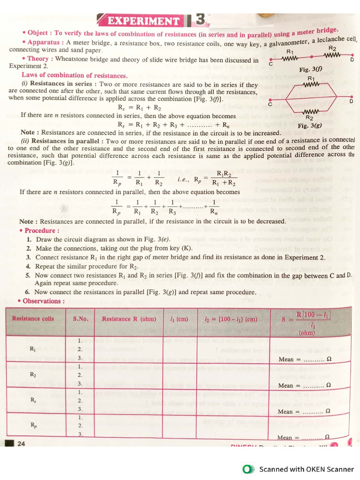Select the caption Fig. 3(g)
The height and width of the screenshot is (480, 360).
click(309, 126)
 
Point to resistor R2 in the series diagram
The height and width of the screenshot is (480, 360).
click(332, 55)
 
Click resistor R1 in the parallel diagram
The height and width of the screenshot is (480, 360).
click(311, 84)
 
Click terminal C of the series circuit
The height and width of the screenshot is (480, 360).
click(270, 60)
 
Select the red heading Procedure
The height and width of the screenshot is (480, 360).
click(42, 231)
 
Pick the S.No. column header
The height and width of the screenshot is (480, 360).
click(80, 319)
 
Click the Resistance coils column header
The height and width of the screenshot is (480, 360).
click(33, 319)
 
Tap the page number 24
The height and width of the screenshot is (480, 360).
click(21, 443)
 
